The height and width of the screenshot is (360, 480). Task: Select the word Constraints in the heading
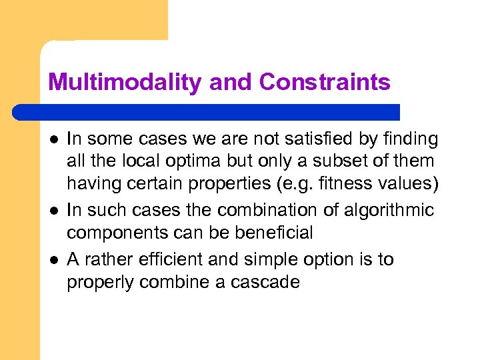tap(325, 83)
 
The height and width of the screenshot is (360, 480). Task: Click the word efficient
tap(175, 259)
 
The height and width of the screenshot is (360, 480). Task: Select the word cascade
tap(265, 282)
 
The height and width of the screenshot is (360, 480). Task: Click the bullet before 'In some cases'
tap(52, 140)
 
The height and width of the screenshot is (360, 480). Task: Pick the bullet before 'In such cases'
tap(52, 211)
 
